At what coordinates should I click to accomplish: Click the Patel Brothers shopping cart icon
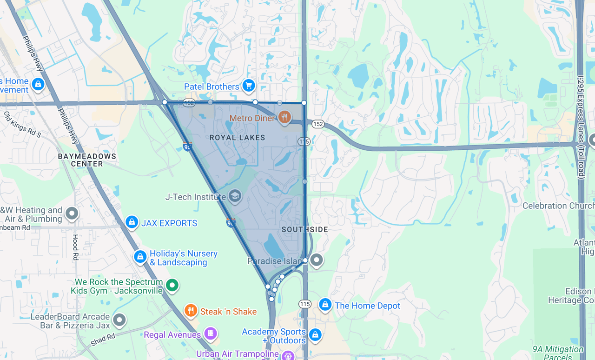click(x=248, y=86)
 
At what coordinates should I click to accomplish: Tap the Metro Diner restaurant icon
click(x=284, y=117)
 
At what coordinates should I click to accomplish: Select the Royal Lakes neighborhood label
click(x=237, y=138)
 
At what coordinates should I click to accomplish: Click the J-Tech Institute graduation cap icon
click(x=235, y=196)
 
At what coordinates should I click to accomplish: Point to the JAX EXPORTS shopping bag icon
click(x=132, y=222)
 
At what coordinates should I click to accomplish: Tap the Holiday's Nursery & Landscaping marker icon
click(x=140, y=256)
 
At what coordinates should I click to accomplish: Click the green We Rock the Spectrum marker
click(x=172, y=285)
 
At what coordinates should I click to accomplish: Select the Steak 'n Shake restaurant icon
click(x=190, y=310)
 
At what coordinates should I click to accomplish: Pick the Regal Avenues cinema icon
click(x=211, y=333)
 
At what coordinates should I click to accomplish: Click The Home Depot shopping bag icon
click(x=325, y=305)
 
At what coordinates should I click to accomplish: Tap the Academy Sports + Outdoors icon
click(x=315, y=334)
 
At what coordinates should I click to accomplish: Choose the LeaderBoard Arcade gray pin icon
click(x=119, y=320)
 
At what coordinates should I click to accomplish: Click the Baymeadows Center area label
click(x=87, y=160)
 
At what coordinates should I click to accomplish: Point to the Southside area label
click(x=305, y=229)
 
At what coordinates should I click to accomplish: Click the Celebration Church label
click(x=558, y=206)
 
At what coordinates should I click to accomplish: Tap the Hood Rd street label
click(x=75, y=247)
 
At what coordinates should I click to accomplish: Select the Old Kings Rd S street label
click(x=22, y=124)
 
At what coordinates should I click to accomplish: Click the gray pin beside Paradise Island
click(x=317, y=260)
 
